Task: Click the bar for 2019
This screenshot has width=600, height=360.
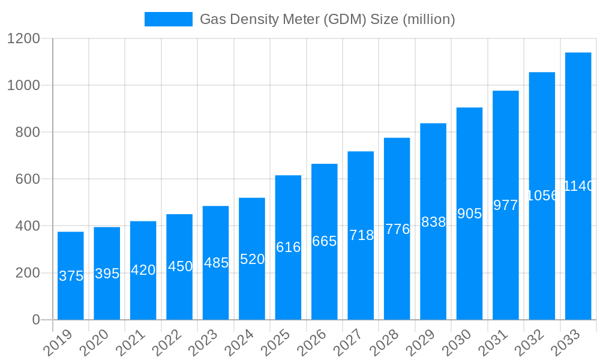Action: [71, 275]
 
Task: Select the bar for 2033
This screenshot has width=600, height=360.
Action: [578, 186]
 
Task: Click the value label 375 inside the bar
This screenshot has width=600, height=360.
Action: [71, 276]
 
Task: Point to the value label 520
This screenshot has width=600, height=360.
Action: [252, 259]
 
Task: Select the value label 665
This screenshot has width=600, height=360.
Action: [325, 241]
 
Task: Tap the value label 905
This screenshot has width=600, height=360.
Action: [470, 214]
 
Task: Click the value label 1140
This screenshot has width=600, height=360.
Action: [578, 186]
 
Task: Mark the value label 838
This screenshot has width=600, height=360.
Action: [433, 222]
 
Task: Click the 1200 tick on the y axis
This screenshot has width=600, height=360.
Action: [23, 38]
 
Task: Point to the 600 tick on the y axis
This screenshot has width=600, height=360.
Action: [28, 179]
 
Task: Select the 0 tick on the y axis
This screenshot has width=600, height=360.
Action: [36, 320]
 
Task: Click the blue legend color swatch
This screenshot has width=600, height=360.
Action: [169, 19]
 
